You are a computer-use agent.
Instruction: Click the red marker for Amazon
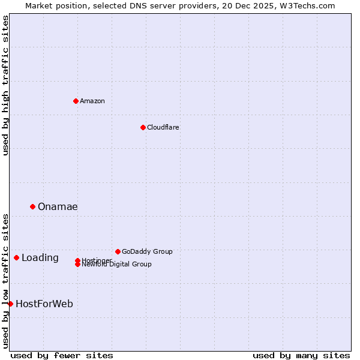tap(76, 101)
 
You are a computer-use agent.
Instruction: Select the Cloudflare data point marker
tap(143, 127)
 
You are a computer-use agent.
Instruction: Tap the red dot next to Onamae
tap(32, 206)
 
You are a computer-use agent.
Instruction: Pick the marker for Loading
tap(16, 257)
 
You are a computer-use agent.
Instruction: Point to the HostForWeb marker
tap(10, 304)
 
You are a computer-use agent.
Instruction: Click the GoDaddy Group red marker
tap(118, 251)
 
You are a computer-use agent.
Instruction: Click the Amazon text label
tap(92, 101)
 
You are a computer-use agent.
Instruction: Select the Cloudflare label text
tap(163, 127)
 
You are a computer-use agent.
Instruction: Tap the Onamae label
tap(58, 207)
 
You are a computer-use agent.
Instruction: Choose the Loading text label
tap(40, 258)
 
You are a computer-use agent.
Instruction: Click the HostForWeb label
tap(44, 304)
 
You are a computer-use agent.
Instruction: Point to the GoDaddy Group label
tap(147, 251)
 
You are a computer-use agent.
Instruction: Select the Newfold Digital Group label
tap(117, 265)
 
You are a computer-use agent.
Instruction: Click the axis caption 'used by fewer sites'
tap(62, 355)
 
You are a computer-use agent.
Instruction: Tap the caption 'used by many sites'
tap(301, 355)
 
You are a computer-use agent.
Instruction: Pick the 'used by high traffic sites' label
tap(6, 85)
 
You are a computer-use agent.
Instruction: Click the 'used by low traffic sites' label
tap(6, 280)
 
